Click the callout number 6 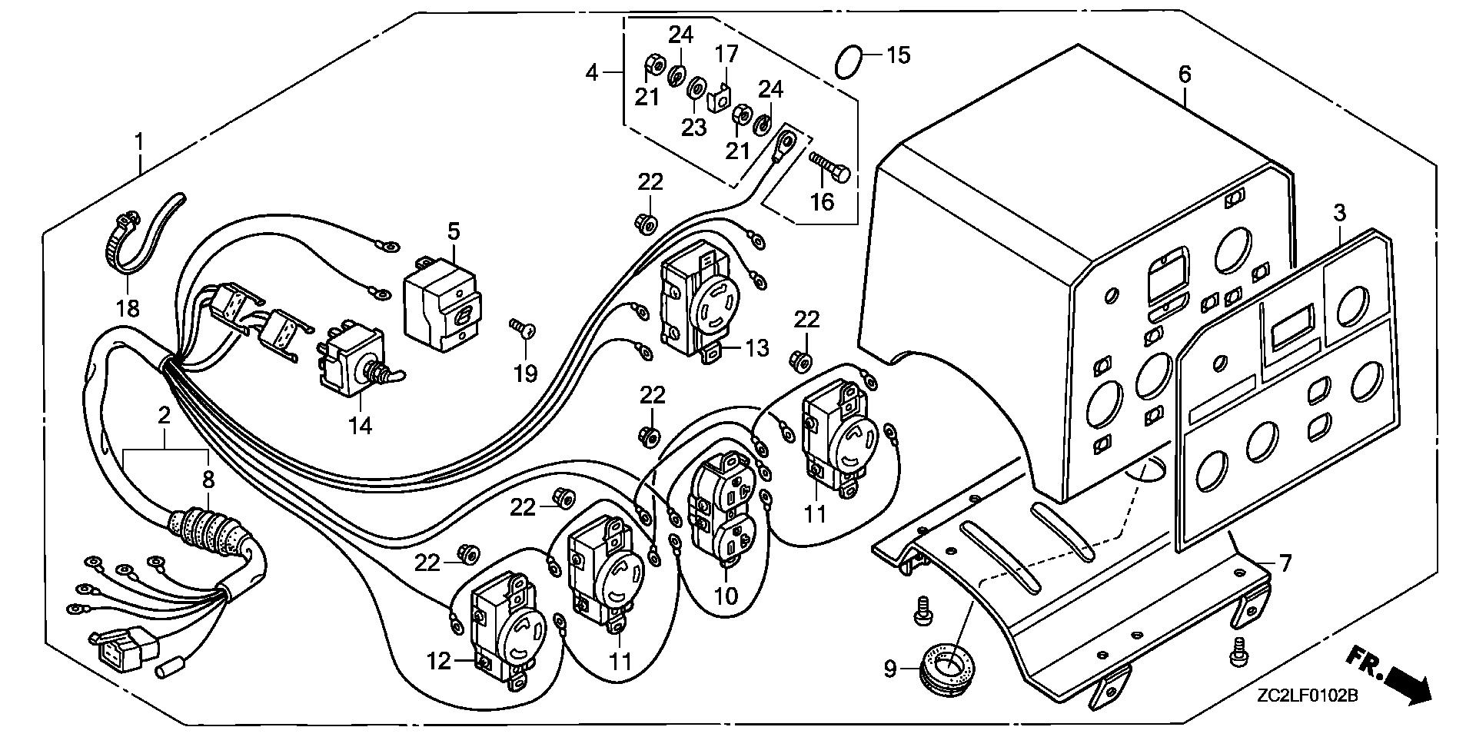[x=1185, y=75]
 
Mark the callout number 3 [x=1340, y=213]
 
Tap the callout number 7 [x=1285, y=563]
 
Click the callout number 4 [x=591, y=73]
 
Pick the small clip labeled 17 [x=720, y=98]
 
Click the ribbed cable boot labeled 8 [x=209, y=526]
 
